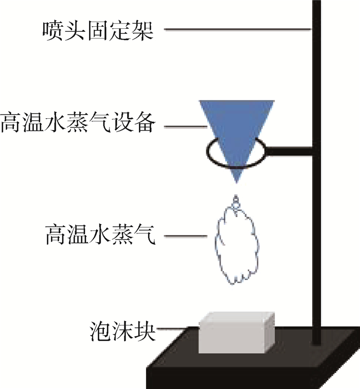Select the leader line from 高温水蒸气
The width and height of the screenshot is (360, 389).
[x=188, y=237]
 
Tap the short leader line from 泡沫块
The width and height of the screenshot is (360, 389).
[x=177, y=328]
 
